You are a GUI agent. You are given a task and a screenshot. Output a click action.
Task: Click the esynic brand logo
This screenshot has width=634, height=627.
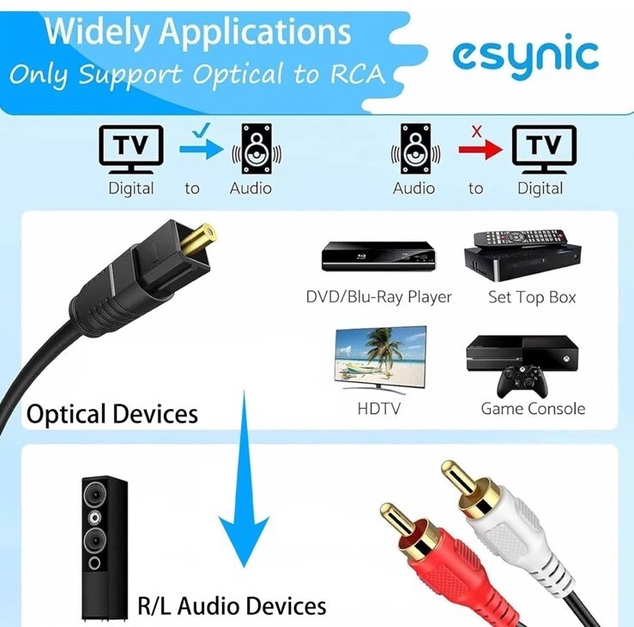pos(525,56)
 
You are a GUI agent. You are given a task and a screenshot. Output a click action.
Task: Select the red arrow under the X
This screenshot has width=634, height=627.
pos(480,150)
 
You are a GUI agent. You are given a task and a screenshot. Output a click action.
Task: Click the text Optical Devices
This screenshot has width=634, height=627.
pos(112,415)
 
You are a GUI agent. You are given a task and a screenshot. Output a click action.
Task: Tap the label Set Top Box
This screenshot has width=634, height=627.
pos(532,298)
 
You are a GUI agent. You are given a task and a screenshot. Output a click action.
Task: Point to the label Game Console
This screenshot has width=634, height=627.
pos(533,409)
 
